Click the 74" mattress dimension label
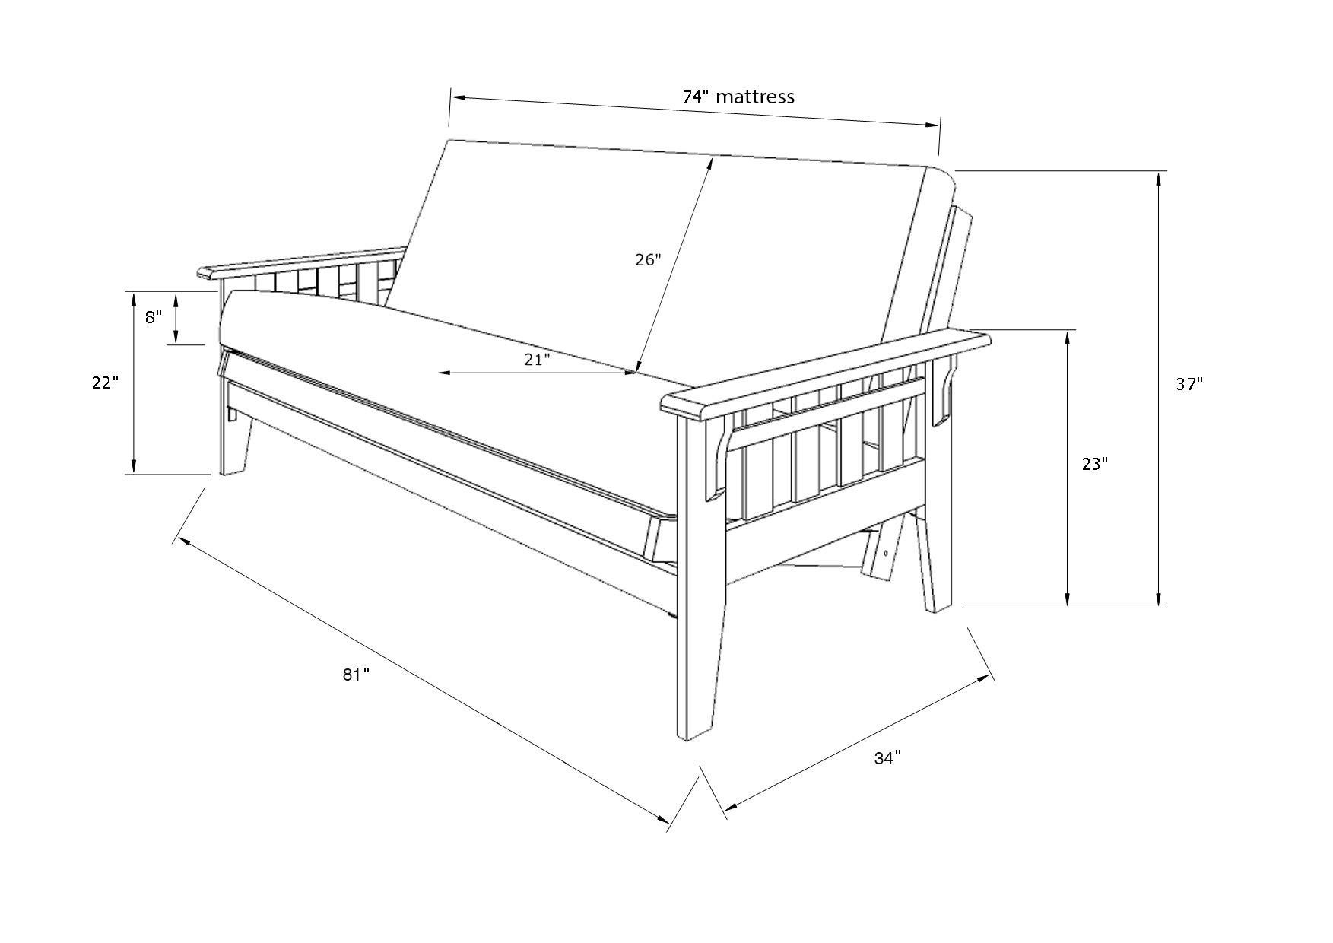738,97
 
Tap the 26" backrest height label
648,259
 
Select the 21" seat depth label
537,360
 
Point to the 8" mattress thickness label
154,317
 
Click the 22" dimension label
106,383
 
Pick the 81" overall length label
355,675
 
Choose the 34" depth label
887,757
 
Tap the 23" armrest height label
1095,463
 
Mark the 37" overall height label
1189,384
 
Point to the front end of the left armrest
205,271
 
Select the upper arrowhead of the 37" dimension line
1159,178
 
